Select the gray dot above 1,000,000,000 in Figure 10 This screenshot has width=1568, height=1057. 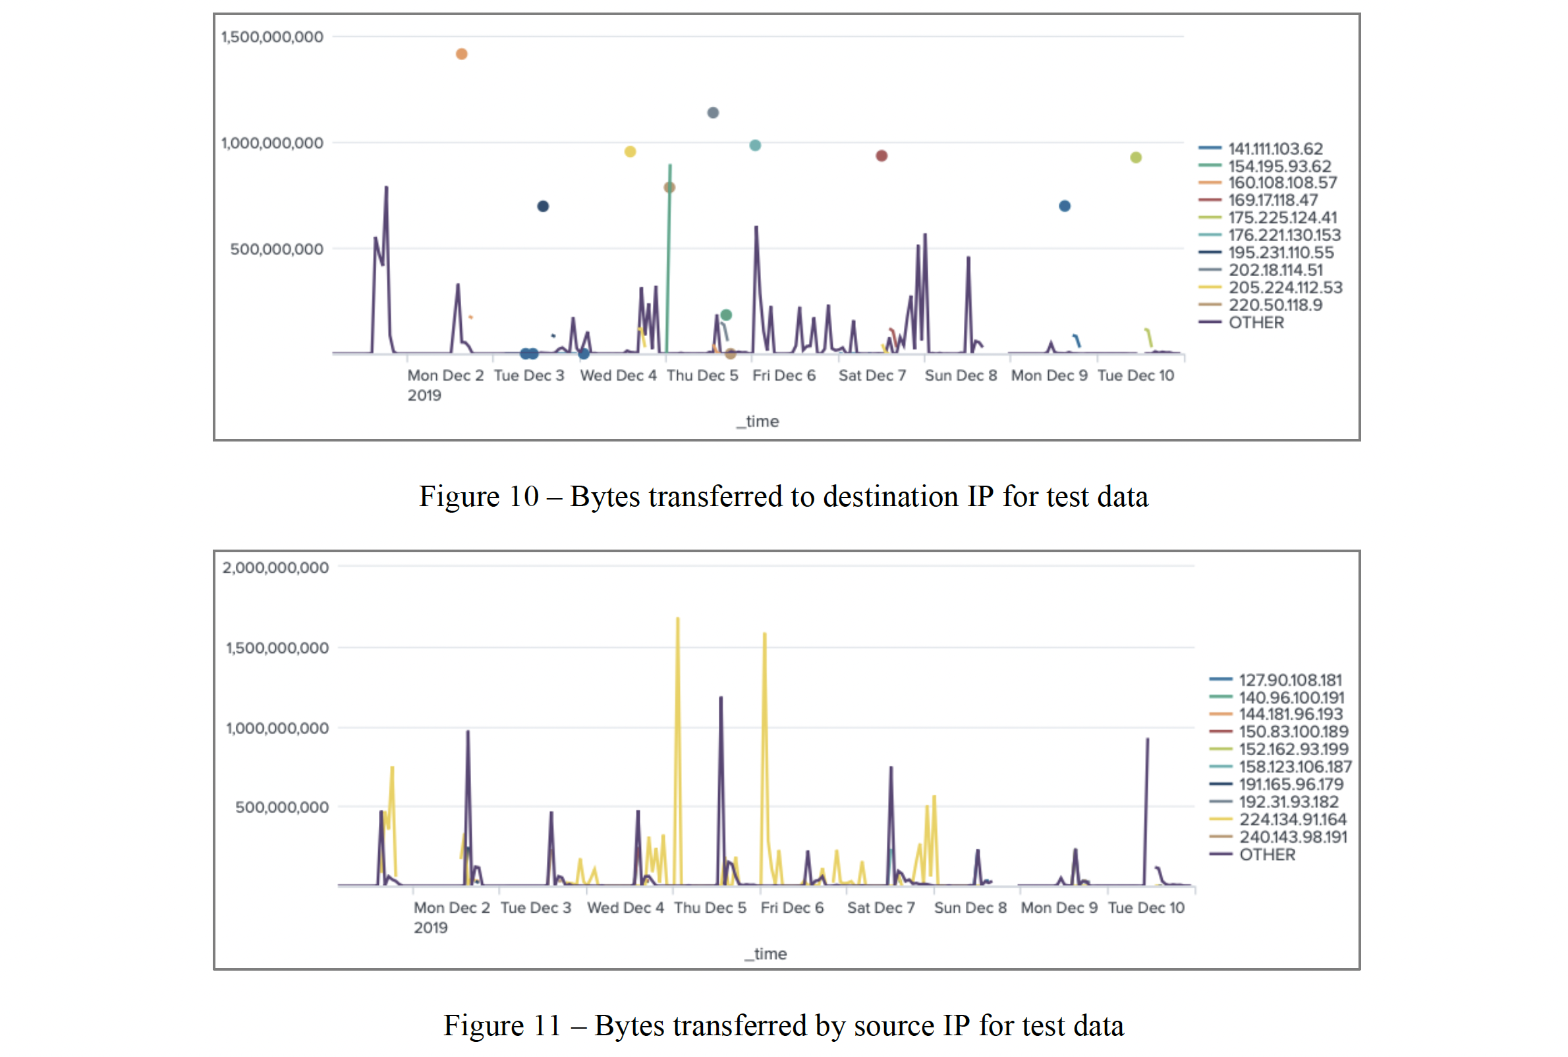[x=713, y=113]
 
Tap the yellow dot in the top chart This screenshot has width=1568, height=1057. [x=630, y=152]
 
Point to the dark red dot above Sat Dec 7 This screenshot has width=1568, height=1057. [x=882, y=156]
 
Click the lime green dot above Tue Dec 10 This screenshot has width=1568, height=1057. [x=1136, y=157]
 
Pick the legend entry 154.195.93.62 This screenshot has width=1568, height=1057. [x=1279, y=166]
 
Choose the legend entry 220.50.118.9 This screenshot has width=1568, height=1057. [x=1275, y=304]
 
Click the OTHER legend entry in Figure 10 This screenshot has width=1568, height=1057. [x=1256, y=322]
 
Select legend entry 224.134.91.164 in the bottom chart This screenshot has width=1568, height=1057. [x=1292, y=819]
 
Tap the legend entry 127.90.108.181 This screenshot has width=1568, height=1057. [x=1290, y=679]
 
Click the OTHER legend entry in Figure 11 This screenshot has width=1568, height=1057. [x=1267, y=854]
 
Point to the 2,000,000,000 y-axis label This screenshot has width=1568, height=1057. [x=275, y=567]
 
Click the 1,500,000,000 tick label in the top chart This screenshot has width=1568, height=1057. [x=272, y=37]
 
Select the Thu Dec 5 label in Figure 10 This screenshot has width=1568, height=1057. [x=702, y=376]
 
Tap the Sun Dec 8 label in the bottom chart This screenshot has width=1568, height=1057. [x=970, y=907]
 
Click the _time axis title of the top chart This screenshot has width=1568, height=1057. [x=758, y=421]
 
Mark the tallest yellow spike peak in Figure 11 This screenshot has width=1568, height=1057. [x=677, y=618]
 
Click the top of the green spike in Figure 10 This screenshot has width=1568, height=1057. [x=670, y=165]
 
